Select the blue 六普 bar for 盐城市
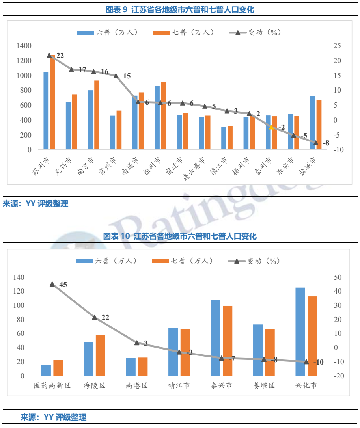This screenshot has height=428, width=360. coord(312,123)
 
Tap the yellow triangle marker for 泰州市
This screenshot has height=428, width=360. coord(271,127)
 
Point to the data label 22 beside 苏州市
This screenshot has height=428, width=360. coord(60,56)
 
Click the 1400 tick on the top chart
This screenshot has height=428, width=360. coord(24,46)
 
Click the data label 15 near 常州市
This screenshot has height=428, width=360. coord(127,76)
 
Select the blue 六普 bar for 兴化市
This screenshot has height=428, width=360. coord(300,332)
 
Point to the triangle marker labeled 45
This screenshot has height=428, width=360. coord(52,284)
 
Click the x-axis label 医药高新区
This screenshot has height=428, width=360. coord(52,385)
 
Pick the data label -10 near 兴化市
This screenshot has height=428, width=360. coord(318,362)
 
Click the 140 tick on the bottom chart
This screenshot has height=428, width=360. coord(19,277)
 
